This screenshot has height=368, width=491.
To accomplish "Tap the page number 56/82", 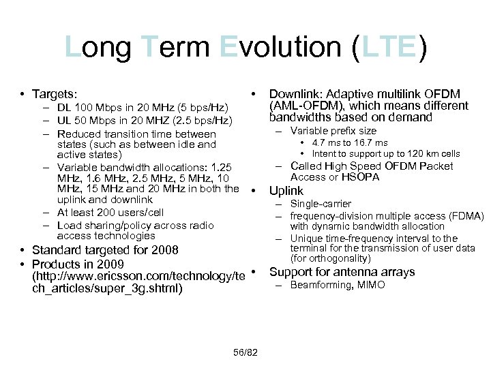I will (245, 351).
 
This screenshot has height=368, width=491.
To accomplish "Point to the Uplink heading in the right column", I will (286, 191).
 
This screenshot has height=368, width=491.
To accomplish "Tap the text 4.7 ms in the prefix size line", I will (326, 142).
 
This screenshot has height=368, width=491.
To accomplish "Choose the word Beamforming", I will (320, 284).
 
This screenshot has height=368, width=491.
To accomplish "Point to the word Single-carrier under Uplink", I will (321, 204).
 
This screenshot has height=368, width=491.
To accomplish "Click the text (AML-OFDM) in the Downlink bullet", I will (303, 106).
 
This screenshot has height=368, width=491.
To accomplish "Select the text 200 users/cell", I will (132, 213).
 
